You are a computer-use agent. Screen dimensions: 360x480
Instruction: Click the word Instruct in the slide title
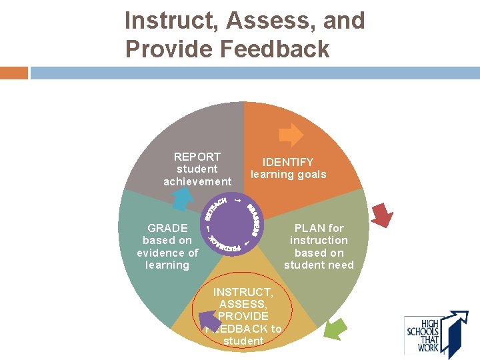coord(169,21)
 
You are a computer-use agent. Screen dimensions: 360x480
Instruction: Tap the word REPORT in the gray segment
coord(197,157)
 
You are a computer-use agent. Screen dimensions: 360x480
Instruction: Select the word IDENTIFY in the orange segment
coord(288,162)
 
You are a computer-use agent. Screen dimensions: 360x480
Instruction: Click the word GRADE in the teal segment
coord(167,228)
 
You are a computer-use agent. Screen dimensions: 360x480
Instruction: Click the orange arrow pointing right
coord(291,135)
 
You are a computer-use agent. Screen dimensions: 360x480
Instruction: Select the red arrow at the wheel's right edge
coord(383,215)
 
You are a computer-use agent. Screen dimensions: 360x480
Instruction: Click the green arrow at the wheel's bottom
coord(335,328)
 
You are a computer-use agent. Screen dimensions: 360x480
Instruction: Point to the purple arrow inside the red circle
coord(211,320)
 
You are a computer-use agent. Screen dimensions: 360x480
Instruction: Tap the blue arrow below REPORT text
coord(180,198)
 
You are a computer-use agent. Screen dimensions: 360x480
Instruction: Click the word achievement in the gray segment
coord(197,181)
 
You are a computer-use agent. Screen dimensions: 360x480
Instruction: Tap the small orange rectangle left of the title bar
coord(14,73)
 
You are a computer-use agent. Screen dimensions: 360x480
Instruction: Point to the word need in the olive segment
coord(339,265)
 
